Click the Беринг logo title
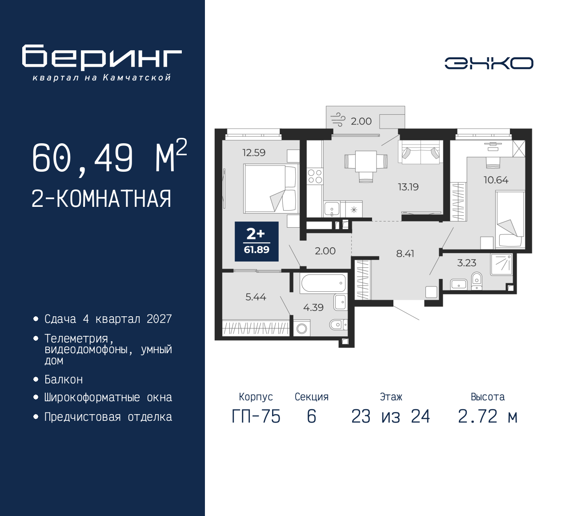[102, 57]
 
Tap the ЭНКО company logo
[489, 63]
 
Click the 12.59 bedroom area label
[254, 153]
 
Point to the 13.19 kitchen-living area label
[408, 187]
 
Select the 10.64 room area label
[496, 180]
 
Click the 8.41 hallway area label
[405, 254]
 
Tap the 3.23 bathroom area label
[466, 263]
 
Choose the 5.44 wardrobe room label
[256, 297]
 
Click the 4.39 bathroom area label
[313, 307]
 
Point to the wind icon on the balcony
[338, 120]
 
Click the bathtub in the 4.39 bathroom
[323, 283]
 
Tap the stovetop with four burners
[315, 176]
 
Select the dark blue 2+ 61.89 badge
[256, 241]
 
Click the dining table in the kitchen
[366, 161]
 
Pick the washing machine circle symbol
[302, 329]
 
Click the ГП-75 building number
[256, 416]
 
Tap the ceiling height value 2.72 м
[488, 416]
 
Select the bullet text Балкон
[64, 379]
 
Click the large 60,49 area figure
[83, 158]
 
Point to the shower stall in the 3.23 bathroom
[501, 264]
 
